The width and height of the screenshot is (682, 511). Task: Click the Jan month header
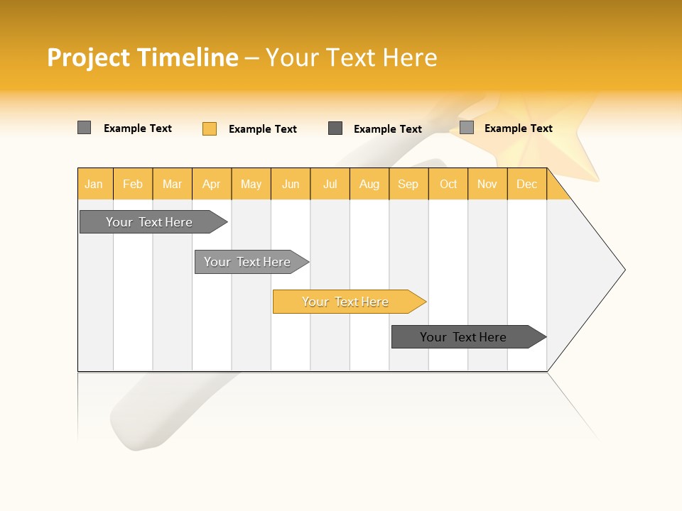[x=94, y=184]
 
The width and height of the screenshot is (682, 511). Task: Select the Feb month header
[x=133, y=184]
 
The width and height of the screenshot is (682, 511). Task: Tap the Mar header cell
[x=172, y=184]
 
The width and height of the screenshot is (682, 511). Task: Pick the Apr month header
[x=212, y=184]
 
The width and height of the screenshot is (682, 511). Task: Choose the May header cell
[x=251, y=184]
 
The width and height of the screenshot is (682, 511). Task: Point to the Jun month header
[x=291, y=184]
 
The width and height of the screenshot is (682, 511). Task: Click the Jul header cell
[x=330, y=184]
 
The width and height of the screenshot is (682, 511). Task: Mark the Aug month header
[x=369, y=184]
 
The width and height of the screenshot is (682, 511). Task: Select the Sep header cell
[x=408, y=184]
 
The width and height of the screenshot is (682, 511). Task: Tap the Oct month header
[x=448, y=184]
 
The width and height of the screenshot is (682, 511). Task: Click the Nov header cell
[x=487, y=184]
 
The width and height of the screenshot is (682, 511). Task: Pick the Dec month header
[x=527, y=184]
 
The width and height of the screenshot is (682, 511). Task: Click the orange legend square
[x=210, y=128]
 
